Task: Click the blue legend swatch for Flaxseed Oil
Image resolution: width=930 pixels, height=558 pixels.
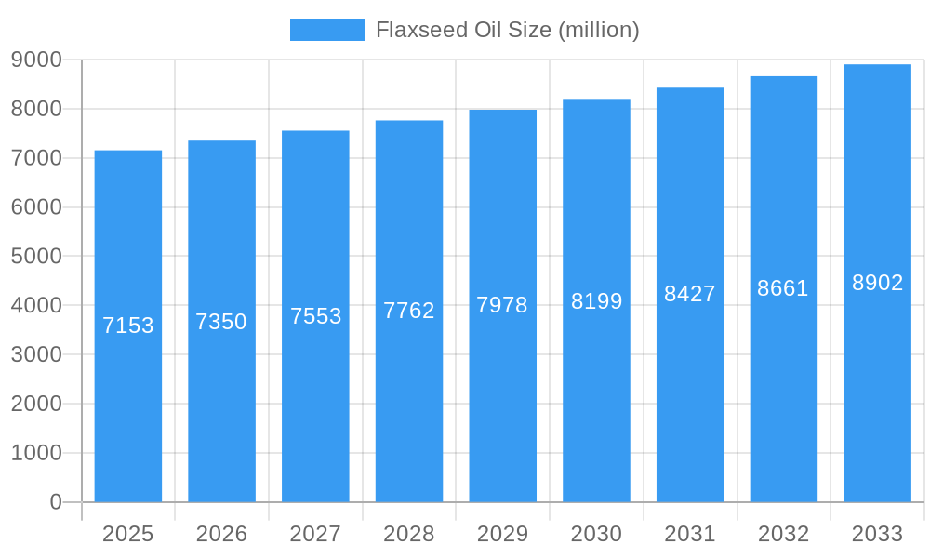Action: coord(326,30)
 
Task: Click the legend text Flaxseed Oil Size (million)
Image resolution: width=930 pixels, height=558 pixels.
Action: coord(507,30)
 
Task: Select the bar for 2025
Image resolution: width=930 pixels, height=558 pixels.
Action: coord(128,325)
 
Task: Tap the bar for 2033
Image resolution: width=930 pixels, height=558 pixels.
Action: coord(877,283)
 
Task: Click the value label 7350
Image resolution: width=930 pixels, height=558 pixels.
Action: coord(221,322)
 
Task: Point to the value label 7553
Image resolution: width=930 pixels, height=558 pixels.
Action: coord(315,316)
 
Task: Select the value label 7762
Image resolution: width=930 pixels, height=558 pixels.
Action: coord(409,311)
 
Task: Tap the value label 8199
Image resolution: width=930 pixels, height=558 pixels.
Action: coord(596,301)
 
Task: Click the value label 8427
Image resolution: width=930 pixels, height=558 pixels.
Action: coord(690,294)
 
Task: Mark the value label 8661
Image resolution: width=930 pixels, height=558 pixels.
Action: coord(783,288)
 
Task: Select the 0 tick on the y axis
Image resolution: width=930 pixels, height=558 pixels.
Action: coord(55,502)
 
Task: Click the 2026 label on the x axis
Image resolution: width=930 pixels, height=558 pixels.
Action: coord(221,534)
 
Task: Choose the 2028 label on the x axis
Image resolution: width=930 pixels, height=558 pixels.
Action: coord(409,534)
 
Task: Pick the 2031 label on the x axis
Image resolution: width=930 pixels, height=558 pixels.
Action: coord(690,534)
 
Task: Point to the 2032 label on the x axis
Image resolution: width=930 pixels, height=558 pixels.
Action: coord(783,534)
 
